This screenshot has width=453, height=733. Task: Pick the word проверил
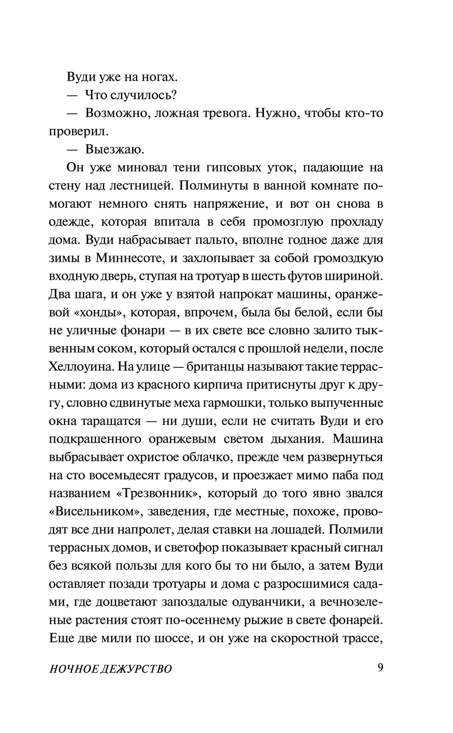click(79, 131)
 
